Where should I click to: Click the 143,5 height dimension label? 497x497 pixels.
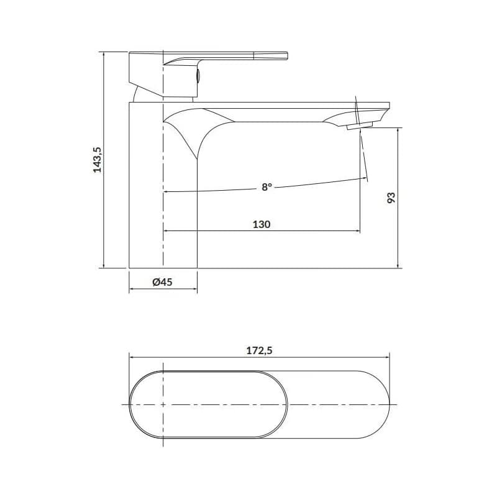(x=98, y=160)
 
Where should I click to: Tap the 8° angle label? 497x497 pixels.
(x=267, y=187)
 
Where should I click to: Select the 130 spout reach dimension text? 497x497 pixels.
(x=262, y=224)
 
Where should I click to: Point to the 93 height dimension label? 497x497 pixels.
(x=391, y=198)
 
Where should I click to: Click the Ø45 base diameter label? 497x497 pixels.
(x=162, y=282)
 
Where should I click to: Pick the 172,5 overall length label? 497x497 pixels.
(x=259, y=350)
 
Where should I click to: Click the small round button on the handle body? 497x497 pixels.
(x=198, y=75)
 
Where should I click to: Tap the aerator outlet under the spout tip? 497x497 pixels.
(x=360, y=127)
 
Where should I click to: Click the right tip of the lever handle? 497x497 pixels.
(x=287, y=56)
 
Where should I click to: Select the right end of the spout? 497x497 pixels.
(x=390, y=106)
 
